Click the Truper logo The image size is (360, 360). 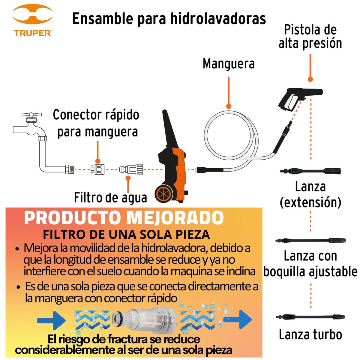(x=32, y=21)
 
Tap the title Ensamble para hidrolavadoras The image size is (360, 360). (x=169, y=19)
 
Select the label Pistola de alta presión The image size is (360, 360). (x=310, y=37)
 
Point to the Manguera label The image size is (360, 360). (x=229, y=64)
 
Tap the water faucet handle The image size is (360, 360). (x=31, y=115)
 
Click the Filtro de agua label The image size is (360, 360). (x=110, y=198)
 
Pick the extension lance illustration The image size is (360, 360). (x=310, y=171)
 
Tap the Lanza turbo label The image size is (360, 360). (x=310, y=334)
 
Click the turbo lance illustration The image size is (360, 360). (x=310, y=317)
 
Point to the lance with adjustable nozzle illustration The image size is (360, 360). (x=310, y=241)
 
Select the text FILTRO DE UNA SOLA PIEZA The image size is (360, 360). (x=126, y=234)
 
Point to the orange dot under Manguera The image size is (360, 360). (x=229, y=106)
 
